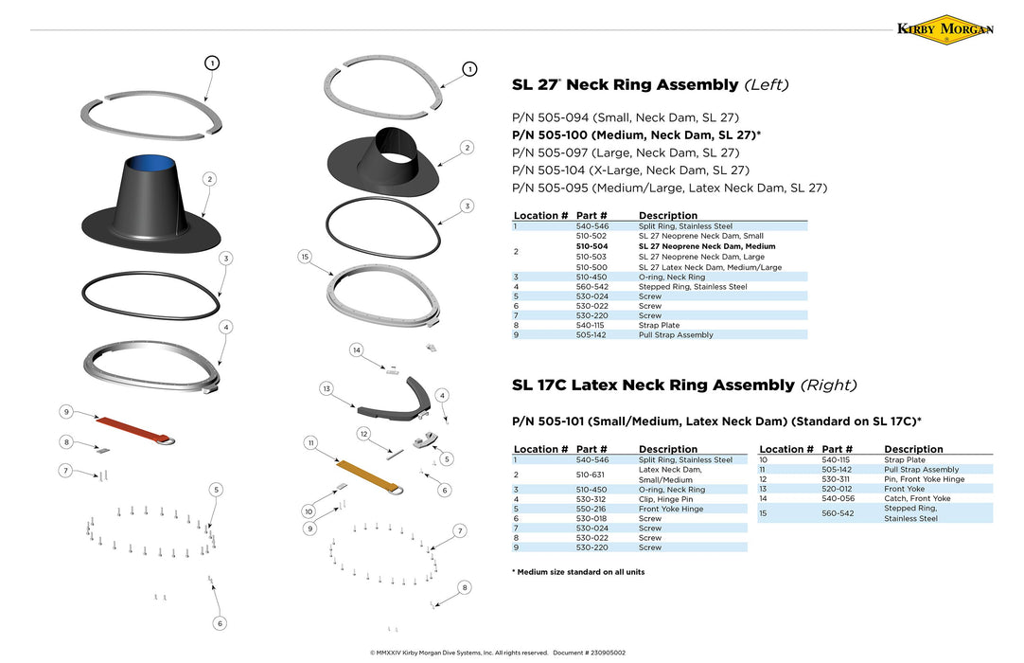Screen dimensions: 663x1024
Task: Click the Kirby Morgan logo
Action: point(945,29)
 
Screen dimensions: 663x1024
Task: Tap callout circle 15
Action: point(304,257)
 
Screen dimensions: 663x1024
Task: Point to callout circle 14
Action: point(357,350)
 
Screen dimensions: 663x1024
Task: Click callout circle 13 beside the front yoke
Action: point(326,389)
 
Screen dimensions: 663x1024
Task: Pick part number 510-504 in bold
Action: point(591,246)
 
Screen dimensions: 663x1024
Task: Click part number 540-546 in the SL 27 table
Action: point(591,226)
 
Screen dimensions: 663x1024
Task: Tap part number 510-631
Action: point(591,475)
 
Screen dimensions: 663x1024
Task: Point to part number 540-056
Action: point(838,498)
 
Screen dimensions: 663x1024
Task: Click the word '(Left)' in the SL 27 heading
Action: point(767,85)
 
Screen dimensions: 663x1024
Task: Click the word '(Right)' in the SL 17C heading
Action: point(828,385)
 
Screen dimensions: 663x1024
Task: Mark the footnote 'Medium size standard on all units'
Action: point(579,572)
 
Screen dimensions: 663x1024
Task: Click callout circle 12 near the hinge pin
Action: point(362,433)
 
